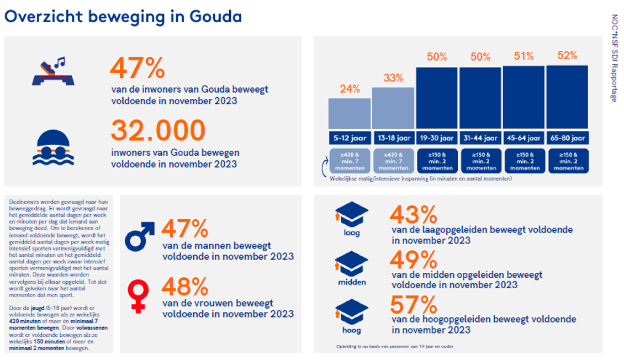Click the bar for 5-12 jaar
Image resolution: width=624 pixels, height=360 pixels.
[350, 114]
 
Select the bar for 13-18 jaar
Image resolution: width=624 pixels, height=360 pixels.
[393, 108]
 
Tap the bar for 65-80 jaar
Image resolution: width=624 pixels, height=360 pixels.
[567, 97]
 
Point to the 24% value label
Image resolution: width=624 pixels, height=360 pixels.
[350, 89]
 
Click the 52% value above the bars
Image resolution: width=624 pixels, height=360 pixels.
[567, 56]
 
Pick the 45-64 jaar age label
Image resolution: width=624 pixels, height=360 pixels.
[523, 138]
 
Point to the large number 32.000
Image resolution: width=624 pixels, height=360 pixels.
[158, 131]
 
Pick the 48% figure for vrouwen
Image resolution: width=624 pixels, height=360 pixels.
[184, 287]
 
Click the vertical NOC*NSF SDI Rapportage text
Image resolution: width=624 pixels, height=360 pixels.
[614, 57]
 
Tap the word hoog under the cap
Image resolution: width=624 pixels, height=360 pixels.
[352, 330]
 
